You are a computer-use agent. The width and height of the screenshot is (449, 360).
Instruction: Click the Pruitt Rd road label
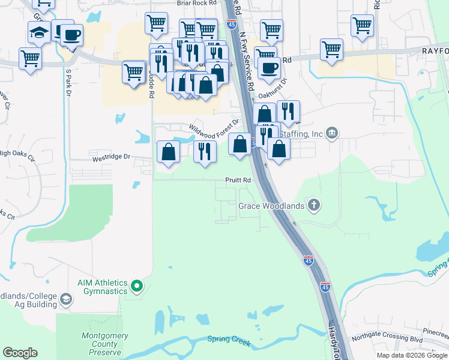tap(238, 179)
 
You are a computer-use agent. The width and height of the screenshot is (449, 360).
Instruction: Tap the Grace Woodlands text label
tap(271, 206)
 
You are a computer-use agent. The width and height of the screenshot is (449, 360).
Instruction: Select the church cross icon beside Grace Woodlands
tap(313, 206)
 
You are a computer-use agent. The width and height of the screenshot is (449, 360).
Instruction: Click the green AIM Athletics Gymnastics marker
tap(137, 286)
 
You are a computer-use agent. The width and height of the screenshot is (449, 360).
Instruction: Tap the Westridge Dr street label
tap(111, 157)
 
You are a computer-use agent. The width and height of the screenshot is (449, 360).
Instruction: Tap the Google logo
tap(20, 353)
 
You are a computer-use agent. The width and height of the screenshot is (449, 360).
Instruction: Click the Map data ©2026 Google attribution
tap(412, 355)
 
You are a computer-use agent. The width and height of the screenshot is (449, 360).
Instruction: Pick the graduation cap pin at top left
tap(39, 32)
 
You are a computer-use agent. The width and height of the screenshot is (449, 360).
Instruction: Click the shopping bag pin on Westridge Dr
tap(168, 151)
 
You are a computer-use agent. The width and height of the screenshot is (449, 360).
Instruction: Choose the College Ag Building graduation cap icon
tap(65, 299)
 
